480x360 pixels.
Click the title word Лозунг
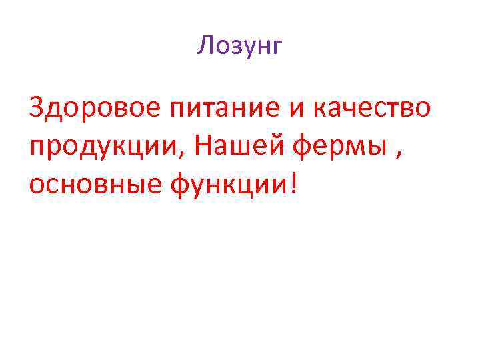click(240, 46)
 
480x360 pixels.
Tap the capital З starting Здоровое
click(36, 107)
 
